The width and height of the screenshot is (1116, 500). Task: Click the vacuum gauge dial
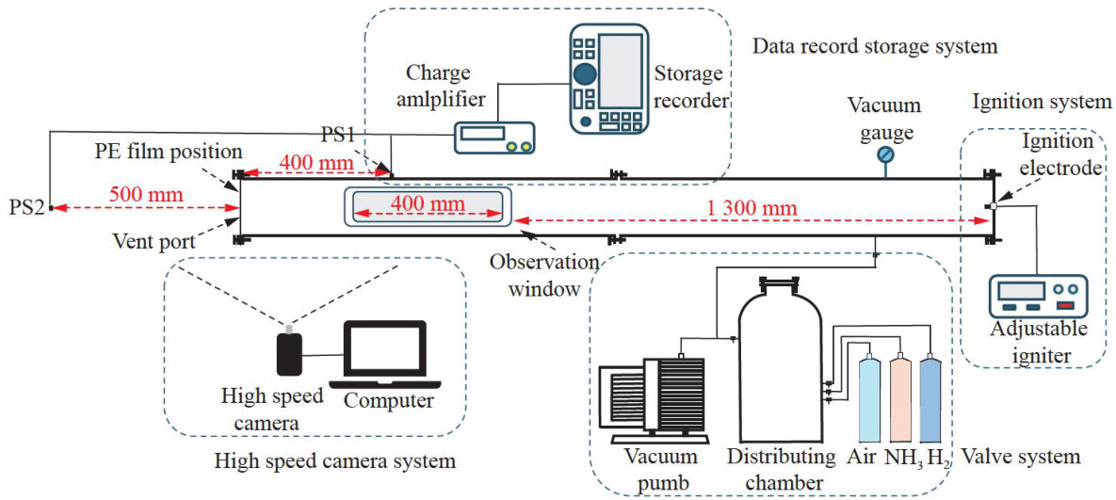point(885,154)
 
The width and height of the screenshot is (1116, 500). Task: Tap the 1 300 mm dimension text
point(752,207)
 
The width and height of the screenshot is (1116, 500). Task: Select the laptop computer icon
point(387,356)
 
